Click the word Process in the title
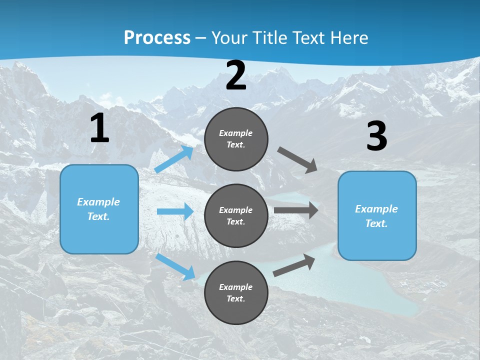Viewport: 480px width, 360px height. [x=157, y=37]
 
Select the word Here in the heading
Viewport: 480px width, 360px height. [x=349, y=37]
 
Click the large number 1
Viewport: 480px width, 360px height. [x=99, y=128]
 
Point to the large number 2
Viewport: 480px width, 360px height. [x=236, y=76]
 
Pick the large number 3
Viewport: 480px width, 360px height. [x=376, y=137]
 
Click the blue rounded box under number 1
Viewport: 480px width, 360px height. [x=99, y=209]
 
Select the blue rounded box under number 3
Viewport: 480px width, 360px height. [x=377, y=215]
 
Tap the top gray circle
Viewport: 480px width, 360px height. [x=236, y=139]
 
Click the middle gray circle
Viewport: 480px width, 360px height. [x=236, y=215]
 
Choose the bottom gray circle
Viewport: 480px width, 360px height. [x=236, y=292]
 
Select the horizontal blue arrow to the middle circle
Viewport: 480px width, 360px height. [x=175, y=211]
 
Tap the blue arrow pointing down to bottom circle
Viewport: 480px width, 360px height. [x=175, y=266]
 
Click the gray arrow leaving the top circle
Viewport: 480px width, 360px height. [x=297, y=160]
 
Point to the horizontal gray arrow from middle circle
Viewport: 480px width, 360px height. [x=296, y=210]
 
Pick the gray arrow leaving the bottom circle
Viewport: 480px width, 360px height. [x=294, y=265]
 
